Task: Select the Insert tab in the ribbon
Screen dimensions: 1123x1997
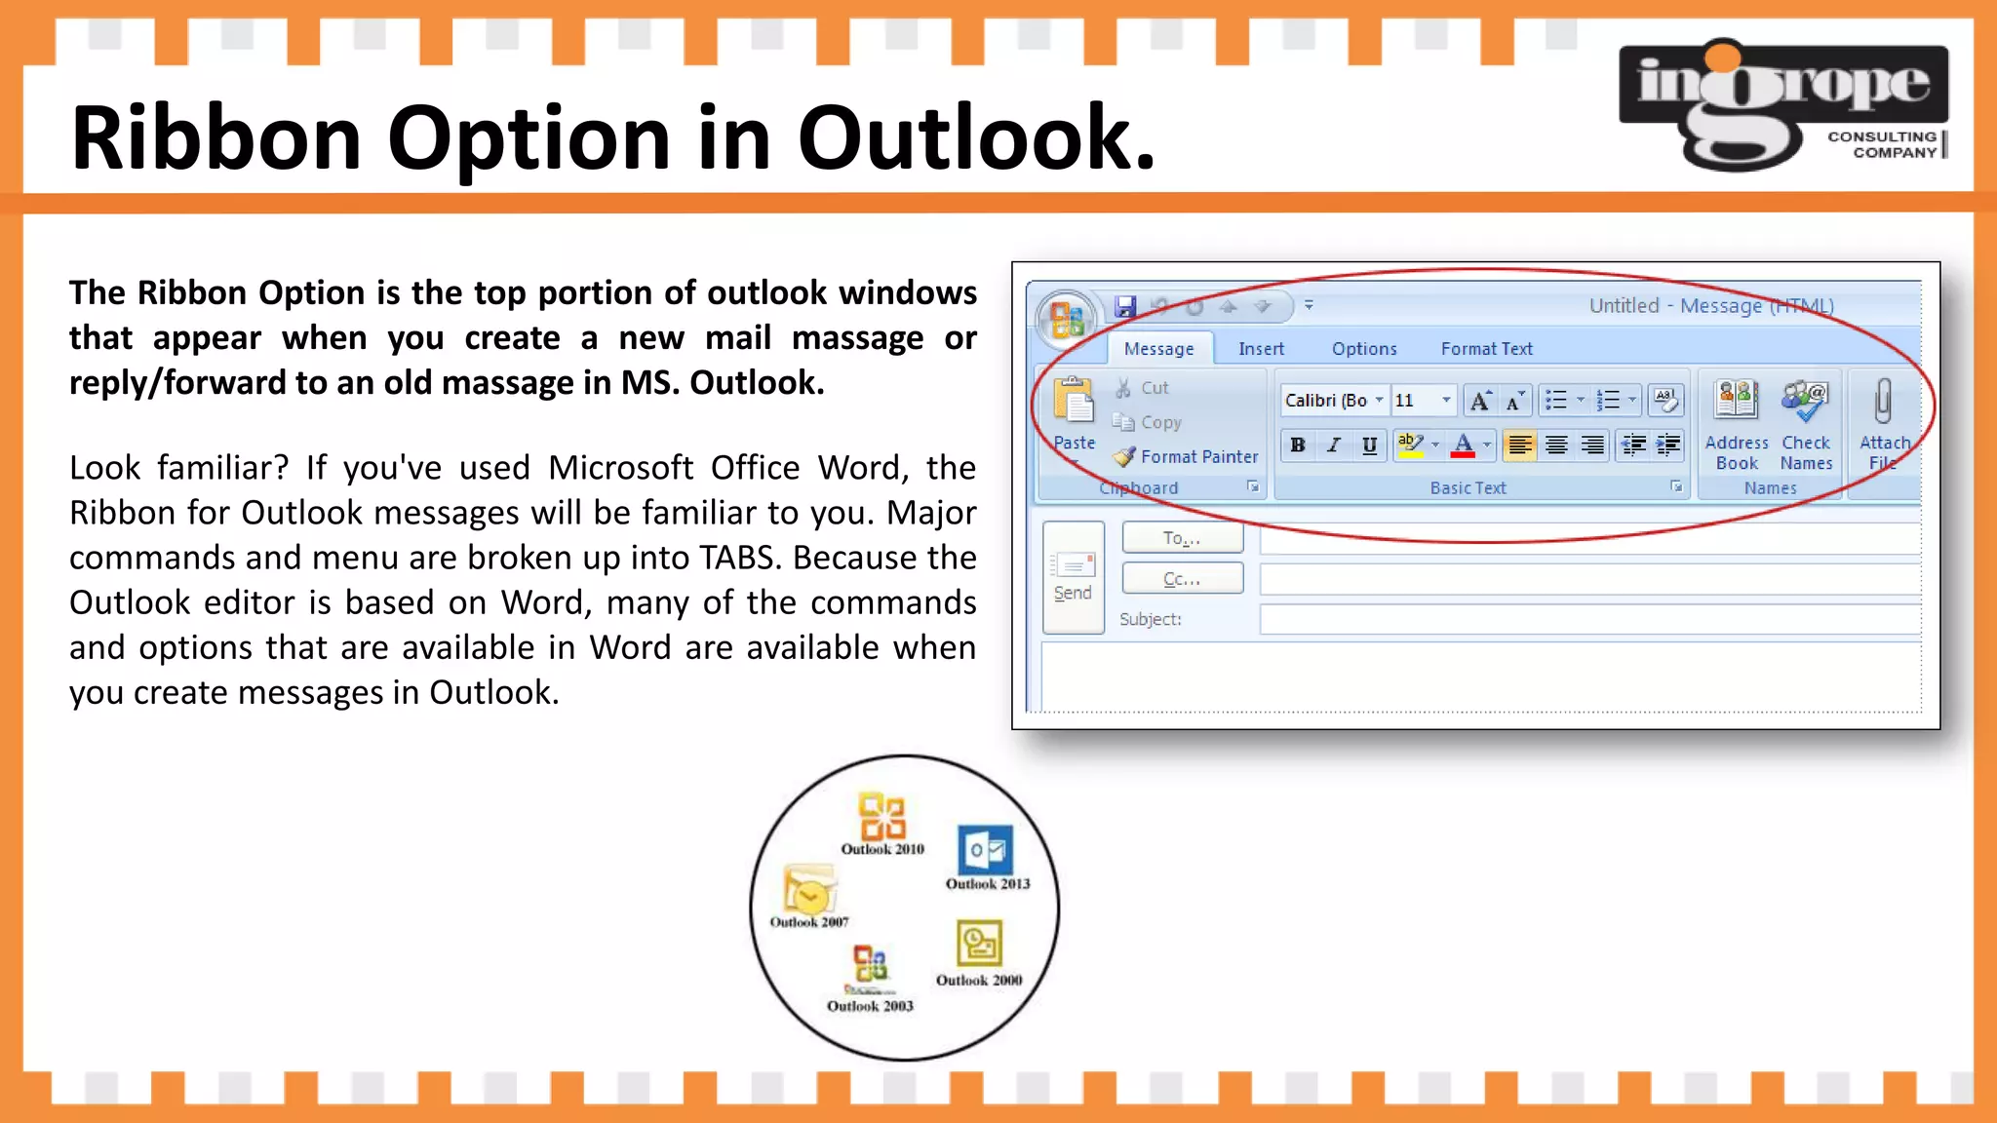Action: pyautogui.click(x=1261, y=349)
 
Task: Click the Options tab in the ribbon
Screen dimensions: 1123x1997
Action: pyautogui.click(x=1363, y=349)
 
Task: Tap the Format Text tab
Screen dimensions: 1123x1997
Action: pyautogui.click(x=1486, y=349)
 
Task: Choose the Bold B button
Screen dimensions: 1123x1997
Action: pyautogui.click(x=1298, y=445)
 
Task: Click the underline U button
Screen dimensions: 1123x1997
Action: pyautogui.click(x=1369, y=445)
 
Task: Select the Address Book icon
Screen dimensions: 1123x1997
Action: pyautogui.click(x=1737, y=402)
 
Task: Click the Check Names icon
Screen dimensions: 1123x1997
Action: pyautogui.click(x=1805, y=402)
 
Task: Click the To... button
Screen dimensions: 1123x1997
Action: pyautogui.click(x=1182, y=538)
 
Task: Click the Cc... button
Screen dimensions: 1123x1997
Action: pyautogui.click(x=1182, y=579)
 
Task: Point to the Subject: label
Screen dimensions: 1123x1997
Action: pyautogui.click(x=1150, y=619)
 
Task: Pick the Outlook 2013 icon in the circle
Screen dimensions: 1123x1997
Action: pyautogui.click(x=986, y=849)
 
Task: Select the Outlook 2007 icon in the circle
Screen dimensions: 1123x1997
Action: pyautogui.click(x=808, y=890)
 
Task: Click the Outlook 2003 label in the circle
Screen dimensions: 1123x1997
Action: pyautogui.click(x=870, y=1006)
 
